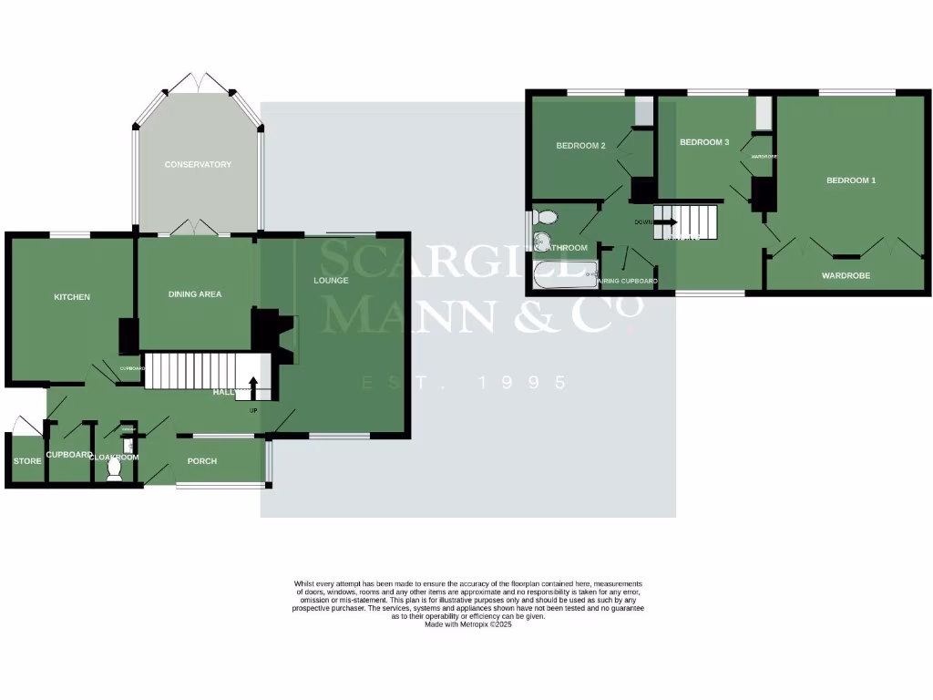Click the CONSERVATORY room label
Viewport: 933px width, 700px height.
tap(198, 165)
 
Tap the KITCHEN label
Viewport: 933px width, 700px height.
tap(72, 297)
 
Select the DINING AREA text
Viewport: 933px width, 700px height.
tap(195, 294)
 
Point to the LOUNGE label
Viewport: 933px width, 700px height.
tap(331, 280)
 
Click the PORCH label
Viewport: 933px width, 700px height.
tap(201, 461)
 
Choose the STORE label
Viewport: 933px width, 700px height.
tap(27, 461)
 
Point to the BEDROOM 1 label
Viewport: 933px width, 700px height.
tap(851, 180)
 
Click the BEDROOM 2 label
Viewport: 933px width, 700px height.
tap(581, 146)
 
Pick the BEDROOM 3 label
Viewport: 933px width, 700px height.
tap(704, 142)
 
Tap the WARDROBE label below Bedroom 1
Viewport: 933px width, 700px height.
tap(846, 275)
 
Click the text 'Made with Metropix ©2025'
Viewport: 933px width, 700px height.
tap(468, 624)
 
